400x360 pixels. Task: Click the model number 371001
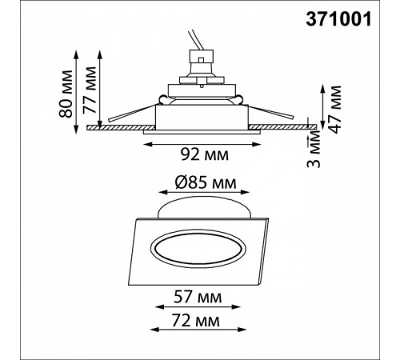pyautogui.click(x=338, y=20)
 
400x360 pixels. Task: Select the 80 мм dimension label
pyautogui.click(x=66, y=94)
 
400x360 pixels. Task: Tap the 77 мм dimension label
pyautogui.click(x=90, y=90)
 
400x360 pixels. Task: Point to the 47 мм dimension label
pyautogui.click(x=334, y=110)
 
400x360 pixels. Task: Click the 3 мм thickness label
pyautogui.click(x=314, y=151)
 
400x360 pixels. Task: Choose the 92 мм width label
pyautogui.click(x=205, y=154)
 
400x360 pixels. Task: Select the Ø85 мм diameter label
pyautogui.click(x=206, y=183)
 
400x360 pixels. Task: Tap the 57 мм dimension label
pyautogui.click(x=198, y=297)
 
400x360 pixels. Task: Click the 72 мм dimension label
pyautogui.click(x=196, y=320)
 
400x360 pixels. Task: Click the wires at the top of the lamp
pyautogui.click(x=196, y=40)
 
